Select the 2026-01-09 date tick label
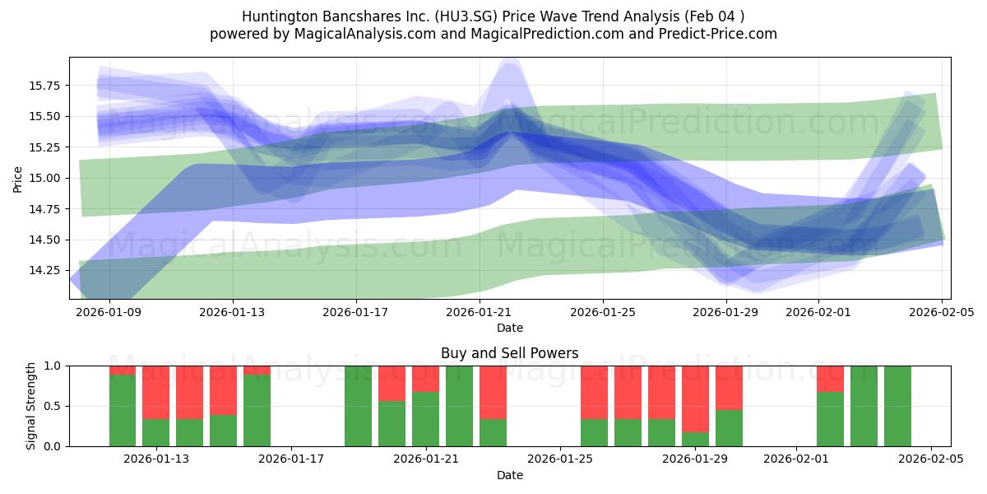[109, 312]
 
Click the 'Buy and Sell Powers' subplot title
[509, 353]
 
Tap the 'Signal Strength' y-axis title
[30, 406]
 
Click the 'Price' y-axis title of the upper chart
[18, 178]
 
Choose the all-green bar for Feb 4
[897, 406]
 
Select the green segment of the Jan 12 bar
[123, 411]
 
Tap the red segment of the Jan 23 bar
[493, 392]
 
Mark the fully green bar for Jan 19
[358, 406]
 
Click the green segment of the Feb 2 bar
[830, 419]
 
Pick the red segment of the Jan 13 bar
[156, 392]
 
